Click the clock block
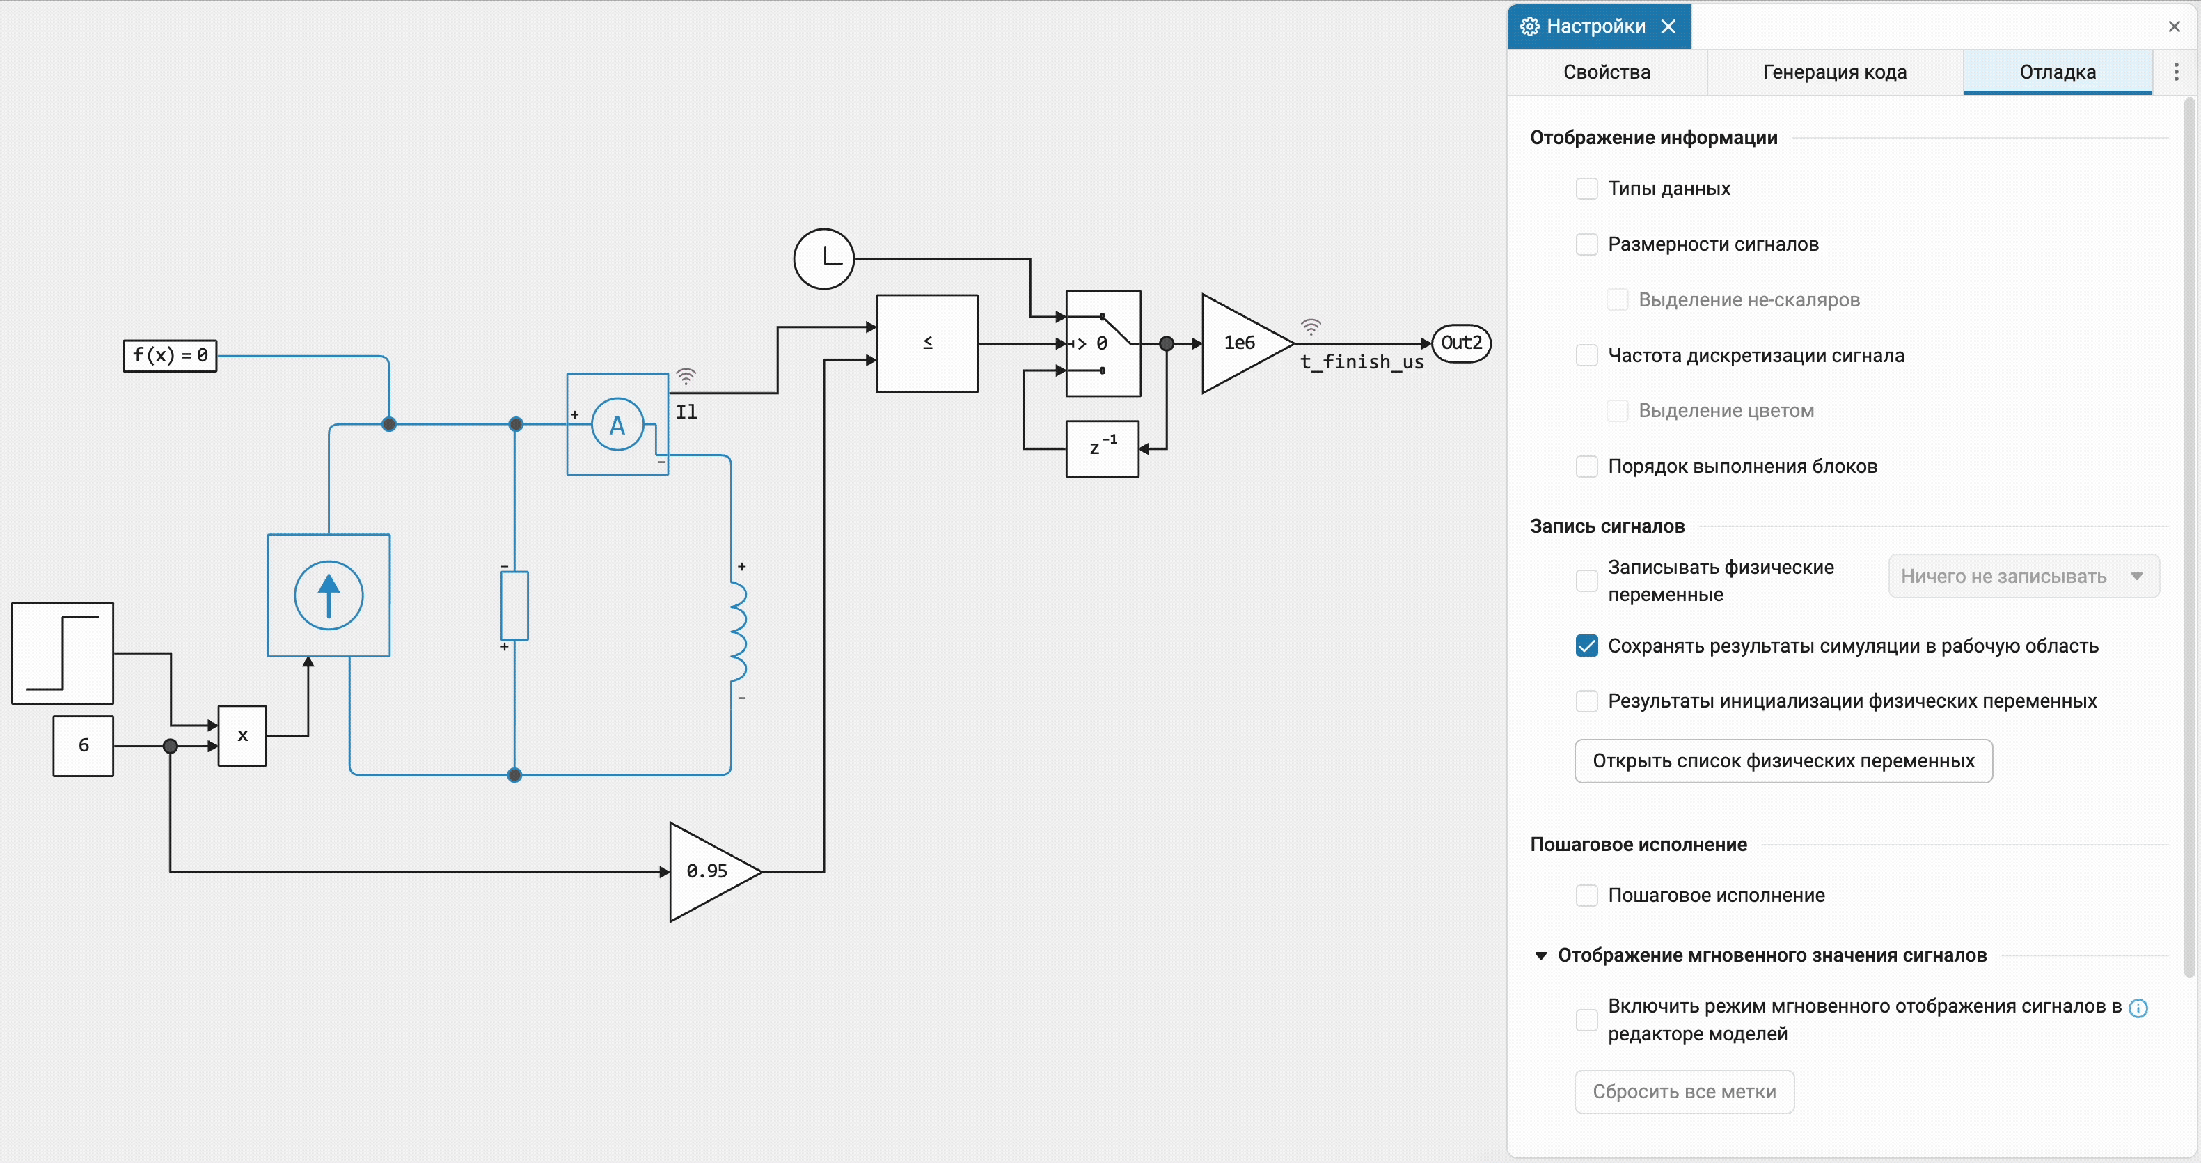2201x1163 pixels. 823,259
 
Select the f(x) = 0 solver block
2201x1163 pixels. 170,355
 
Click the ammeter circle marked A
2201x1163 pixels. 617,425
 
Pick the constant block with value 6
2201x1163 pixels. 84,746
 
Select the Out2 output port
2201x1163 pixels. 1461,343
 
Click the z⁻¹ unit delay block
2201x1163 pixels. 1102,448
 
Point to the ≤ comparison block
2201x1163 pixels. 927,343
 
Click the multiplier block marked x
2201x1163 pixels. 243,735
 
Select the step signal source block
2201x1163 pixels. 63,653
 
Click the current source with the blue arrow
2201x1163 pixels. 329,595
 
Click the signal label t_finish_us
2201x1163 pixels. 1362,362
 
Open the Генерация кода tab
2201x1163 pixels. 1834,72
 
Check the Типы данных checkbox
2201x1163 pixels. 1586,189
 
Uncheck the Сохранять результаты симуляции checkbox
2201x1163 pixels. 1586,646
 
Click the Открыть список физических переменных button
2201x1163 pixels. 1783,761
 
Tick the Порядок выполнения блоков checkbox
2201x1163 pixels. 1586,467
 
